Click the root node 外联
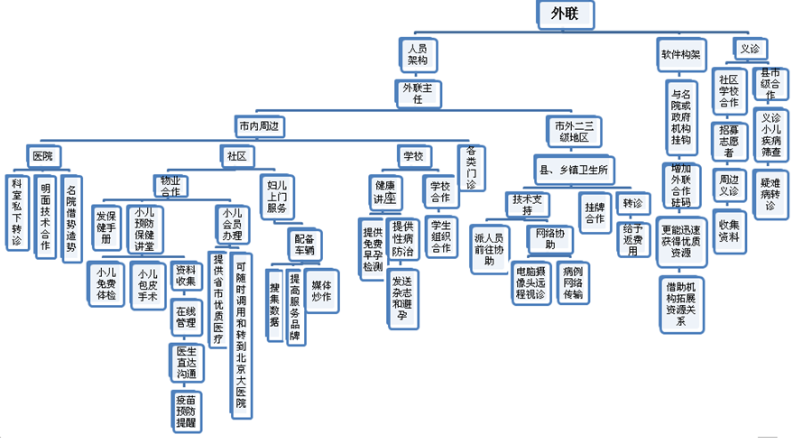[x=570, y=14]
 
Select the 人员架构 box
[x=417, y=54]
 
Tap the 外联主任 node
[x=418, y=93]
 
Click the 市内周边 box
[x=257, y=124]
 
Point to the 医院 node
[x=43, y=155]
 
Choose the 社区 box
[x=236, y=155]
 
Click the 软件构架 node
[x=680, y=52]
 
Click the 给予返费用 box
[x=634, y=239]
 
